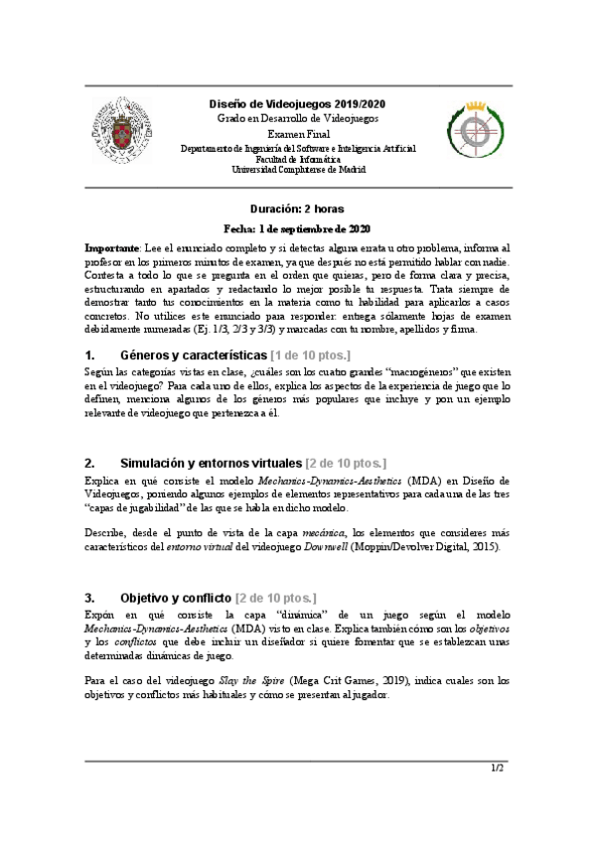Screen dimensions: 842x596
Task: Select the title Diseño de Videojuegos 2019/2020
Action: (298, 103)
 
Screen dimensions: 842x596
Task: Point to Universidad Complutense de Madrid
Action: (298, 169)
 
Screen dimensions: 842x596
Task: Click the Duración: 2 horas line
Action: (298, 210)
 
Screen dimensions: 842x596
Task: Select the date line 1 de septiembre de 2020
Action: (298, 227)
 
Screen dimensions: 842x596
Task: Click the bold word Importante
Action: (112, 245)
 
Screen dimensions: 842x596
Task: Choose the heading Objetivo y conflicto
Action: (175, 598)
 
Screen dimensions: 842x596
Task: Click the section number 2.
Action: (89, 462)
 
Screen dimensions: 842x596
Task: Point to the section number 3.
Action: (89, 598)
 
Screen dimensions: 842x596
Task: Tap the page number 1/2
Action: (498, 769)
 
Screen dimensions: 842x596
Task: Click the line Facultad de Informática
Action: (298, 159)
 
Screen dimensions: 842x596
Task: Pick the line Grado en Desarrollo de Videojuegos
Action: (298, 118)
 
